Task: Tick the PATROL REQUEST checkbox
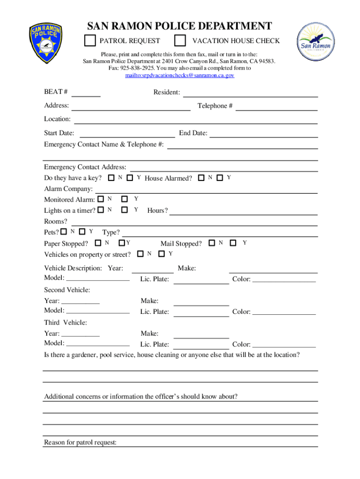[90, 41]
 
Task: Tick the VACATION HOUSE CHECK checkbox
[180, 41]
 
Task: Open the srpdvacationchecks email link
[180, 75]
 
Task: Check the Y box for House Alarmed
[220, 178]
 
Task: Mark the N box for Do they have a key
[111, 178]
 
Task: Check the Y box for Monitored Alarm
[124, 200]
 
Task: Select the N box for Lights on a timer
[101, 210]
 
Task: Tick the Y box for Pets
[82, 232]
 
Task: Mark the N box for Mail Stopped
[212, 243]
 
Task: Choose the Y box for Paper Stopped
[122, 243]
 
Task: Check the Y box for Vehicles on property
[161, 254]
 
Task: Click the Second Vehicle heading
[67, 290]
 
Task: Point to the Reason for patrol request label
[80, 443]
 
